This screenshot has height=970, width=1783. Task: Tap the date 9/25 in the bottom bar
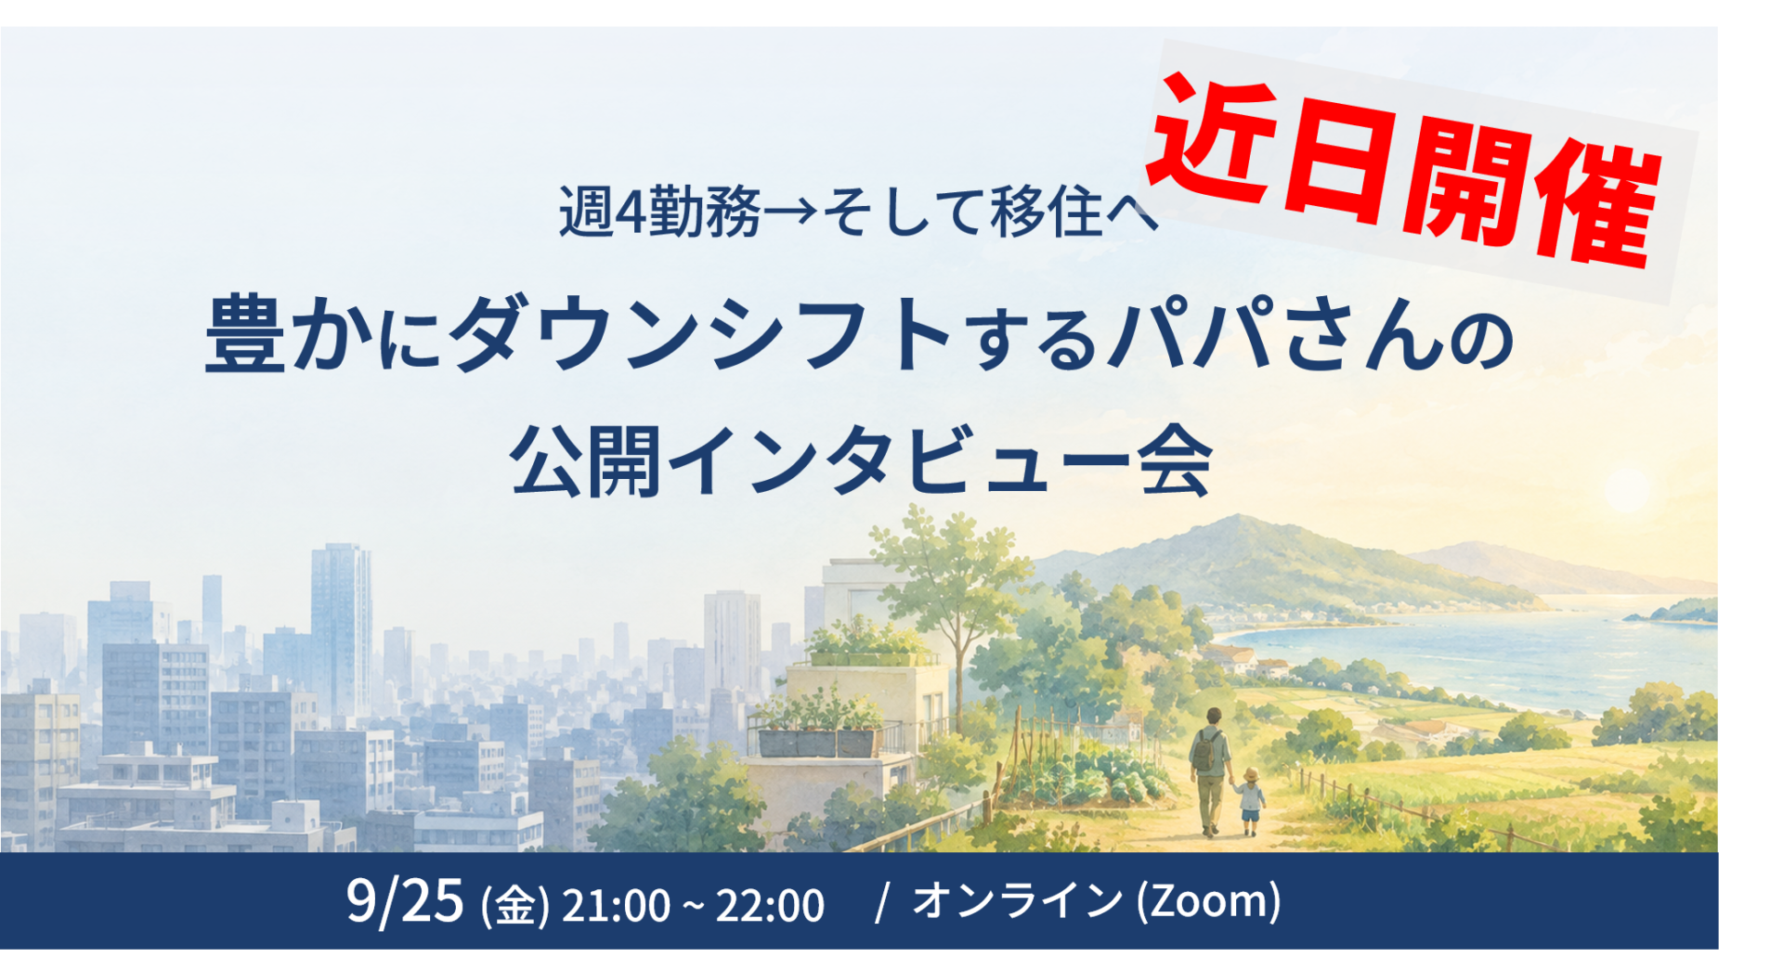point(405,900)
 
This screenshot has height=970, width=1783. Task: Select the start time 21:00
point(616,905)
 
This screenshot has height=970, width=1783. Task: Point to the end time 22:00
point(770,905)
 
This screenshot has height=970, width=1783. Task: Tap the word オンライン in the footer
point(1017,899)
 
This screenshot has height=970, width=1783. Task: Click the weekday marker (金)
point(515,906)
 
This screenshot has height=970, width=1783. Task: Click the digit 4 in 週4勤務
point(631,212)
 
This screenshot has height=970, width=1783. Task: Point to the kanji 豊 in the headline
point(245,336)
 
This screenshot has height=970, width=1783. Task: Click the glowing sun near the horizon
point(1626,489)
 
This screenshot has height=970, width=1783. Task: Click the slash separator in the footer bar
point(882,902)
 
